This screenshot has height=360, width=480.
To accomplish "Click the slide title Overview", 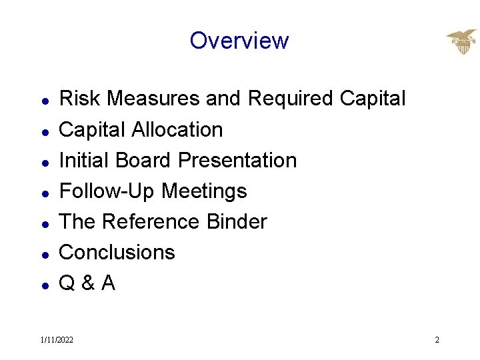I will pos(239,41).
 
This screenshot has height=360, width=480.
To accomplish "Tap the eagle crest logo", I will pos(461,42).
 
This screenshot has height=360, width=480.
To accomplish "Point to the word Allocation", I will pos(177,129).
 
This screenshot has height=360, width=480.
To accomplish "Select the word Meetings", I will pos(204,191).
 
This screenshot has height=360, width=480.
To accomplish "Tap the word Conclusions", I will pos(117,252).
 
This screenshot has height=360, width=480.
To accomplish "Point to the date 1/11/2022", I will pos(57,340).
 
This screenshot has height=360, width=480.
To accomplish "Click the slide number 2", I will pos(437,340).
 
